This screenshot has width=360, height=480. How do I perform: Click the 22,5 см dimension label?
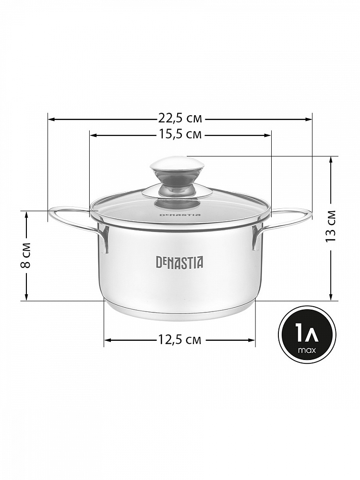[180, 118]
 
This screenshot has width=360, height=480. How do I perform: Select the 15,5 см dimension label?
[180, 134]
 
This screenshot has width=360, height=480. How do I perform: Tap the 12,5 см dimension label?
[180, 339]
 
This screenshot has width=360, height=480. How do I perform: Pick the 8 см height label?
[26, 255]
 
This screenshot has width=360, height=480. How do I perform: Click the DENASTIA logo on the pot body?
[180, 263]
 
